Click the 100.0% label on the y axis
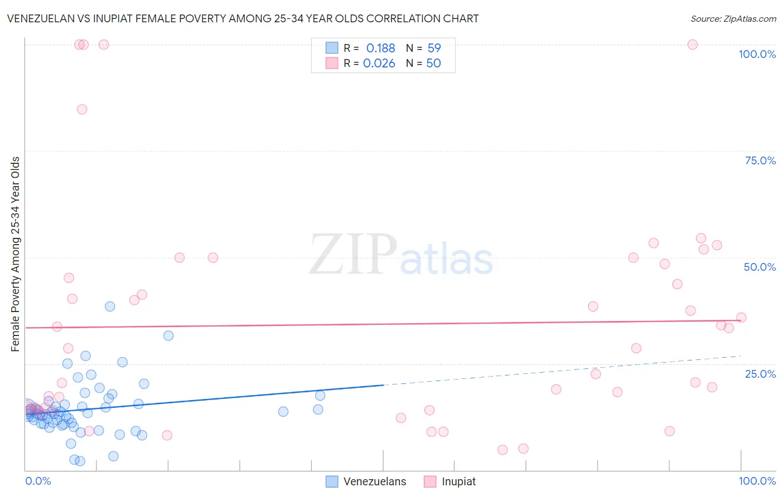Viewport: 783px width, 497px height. pos(757,54)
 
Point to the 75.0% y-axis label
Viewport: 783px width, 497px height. pos(760,160)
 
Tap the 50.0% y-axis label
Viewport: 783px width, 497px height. pos(760,267)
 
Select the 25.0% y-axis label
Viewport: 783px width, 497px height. pos(760,374)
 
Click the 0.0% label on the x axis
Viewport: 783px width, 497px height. pos(38,481)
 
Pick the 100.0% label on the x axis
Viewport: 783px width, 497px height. pos(757,481)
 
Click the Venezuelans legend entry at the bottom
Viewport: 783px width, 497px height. pos(374,481)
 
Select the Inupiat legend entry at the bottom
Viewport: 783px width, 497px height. pos(458,481)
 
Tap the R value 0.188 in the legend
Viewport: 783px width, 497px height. pos(380,48)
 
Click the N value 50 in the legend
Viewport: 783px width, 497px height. pos(433,64)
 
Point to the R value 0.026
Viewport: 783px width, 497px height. pos(379,64)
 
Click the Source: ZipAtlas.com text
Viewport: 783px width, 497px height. pos(733,18)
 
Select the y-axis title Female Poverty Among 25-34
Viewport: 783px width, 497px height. pos(15,254)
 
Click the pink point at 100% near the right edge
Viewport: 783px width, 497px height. pos(692,45)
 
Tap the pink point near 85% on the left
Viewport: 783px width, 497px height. pos(82,109)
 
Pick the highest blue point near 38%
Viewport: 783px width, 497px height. pos(110,306)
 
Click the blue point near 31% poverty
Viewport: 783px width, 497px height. pos(168,335)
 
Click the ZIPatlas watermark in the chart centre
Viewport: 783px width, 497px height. pos(401,255)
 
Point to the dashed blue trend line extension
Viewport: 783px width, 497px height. pos(562,370)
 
